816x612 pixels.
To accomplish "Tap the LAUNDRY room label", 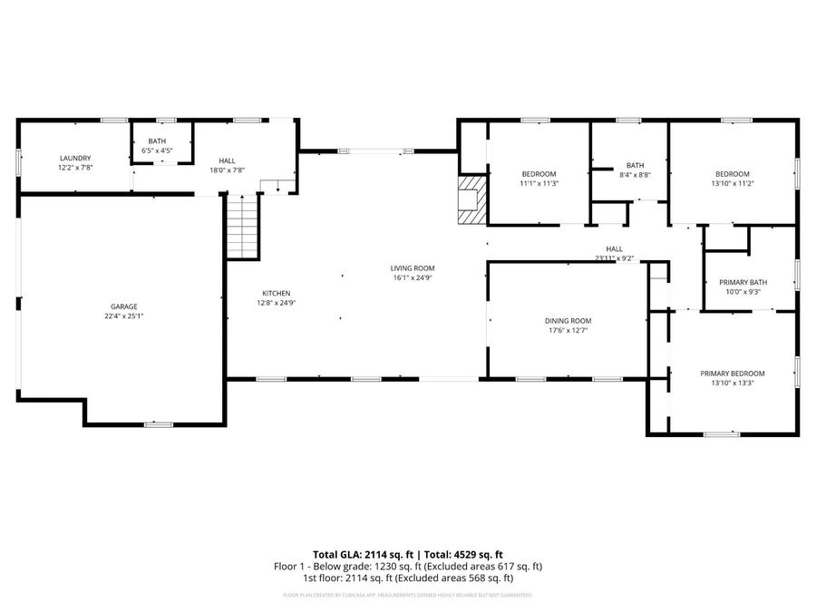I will pyautogui.click(x=76, y=158).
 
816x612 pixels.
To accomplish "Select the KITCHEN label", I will pyautogui.click(x=277, y=293).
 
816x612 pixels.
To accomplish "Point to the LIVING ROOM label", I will pyautogui.click(x=413, y=268).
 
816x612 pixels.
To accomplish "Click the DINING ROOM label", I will pyautogui.click(x=568, y=321).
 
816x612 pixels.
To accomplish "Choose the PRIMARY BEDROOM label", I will pyautogui.click(x=732, y=374).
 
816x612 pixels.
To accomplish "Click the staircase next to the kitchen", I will pyautogui.click(x=242, y=227).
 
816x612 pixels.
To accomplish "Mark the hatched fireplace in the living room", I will pyautogui.click(x=471, y=199).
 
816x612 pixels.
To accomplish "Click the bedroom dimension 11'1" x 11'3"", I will pyautogui.click(x=539, y=183).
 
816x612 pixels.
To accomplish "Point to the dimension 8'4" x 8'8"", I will pyautogui.click(x=635, y=174).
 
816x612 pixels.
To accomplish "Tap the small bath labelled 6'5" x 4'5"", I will pyautogui.click(x=158, y=145).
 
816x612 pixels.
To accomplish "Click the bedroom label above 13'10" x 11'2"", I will pyautogui.click(x=732, y=174).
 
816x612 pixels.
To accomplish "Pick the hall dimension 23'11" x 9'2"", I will pyautogui.click(x=614, y=258).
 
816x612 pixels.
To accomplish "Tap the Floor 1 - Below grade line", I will pyautogui.click(x=408, y=566).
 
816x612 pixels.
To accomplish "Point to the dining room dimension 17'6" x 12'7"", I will pyautogui.click(x=568, y=331).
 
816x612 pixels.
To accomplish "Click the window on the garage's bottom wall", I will pyautogui.click(x=159, y=424).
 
